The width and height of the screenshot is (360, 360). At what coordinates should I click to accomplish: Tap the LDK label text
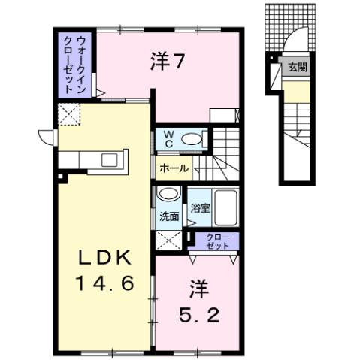pos(106,259)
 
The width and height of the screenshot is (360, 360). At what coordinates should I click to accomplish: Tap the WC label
pos(168,138)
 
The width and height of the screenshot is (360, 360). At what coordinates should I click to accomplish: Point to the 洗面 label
pos(168,216)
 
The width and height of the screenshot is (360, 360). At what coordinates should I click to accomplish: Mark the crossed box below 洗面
pos(168,241)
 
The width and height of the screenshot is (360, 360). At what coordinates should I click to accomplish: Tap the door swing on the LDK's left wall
pos(47,138)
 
